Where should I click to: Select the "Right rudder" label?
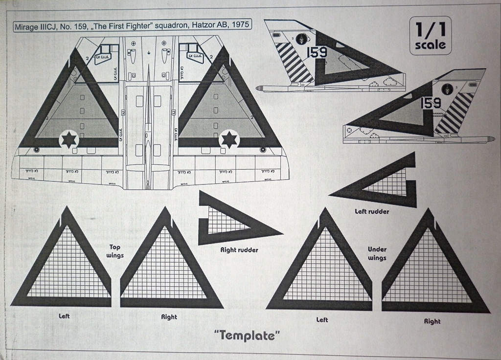239,250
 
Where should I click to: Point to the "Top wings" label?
115,251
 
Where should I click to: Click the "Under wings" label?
377,253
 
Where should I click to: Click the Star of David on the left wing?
69,139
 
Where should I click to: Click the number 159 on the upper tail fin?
317,52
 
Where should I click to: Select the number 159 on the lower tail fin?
431,103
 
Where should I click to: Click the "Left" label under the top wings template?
64,316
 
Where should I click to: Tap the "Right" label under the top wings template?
169,317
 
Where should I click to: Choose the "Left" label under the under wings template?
322,320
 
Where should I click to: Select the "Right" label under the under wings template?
432,321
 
